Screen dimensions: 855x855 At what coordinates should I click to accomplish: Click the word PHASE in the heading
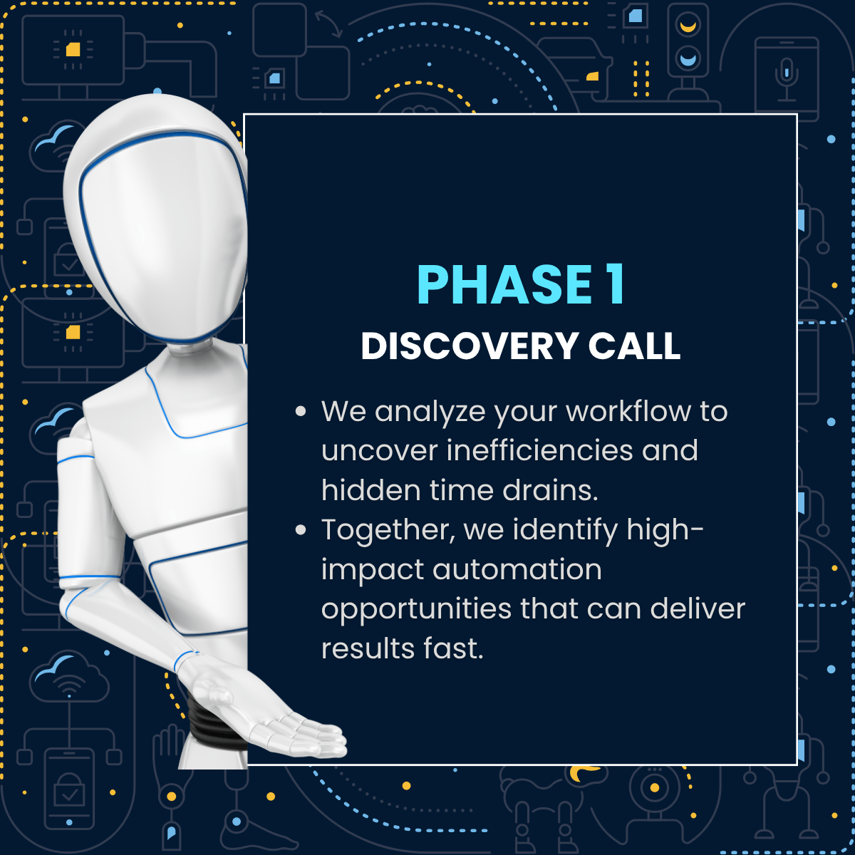coord(504,284)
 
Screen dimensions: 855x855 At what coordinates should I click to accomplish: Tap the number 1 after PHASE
coord(616,284)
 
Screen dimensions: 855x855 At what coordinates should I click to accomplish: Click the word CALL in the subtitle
coord(635,346)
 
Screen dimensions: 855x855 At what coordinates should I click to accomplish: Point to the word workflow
coord(628,411)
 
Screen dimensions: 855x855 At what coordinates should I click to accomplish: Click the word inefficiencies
coord(539,450)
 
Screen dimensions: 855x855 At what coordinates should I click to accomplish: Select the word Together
coord(388,531)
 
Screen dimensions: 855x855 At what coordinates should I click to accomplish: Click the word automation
coord(517,570)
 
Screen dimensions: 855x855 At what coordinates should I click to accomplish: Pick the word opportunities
coord(416,611)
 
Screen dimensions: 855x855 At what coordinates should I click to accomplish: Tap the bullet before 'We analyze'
coord(301,411)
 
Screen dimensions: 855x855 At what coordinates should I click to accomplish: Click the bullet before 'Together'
coord(301,530)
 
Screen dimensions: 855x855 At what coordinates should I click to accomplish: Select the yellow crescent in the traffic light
coord(688,26)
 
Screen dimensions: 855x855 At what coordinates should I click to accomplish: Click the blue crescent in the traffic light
coord(688,59)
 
